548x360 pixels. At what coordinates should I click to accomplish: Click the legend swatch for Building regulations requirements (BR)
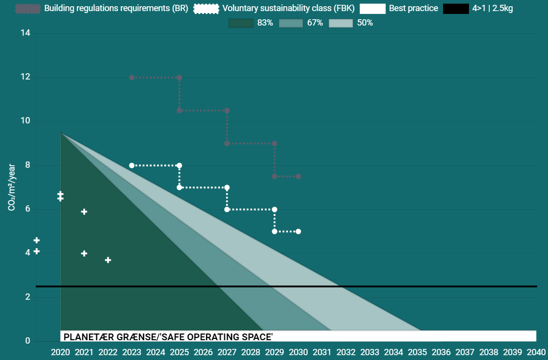[28, 9]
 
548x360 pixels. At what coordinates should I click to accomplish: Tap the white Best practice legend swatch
[372, 9]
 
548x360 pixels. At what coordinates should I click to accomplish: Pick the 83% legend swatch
[241, 23]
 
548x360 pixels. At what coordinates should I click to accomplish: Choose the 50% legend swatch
[340, 23]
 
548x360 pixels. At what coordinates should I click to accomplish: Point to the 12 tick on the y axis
[25, 77]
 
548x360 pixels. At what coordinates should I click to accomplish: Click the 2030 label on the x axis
[298, 352]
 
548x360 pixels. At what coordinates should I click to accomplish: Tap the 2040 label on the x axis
[536, 352]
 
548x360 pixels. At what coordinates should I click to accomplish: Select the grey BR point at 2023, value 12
[131, 78]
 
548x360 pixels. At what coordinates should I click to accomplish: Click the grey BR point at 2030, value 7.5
[298, 176]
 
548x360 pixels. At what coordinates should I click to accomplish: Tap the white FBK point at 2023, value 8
[131, 165]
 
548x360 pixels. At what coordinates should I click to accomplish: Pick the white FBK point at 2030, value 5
[298, 231]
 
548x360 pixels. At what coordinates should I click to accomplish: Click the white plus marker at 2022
[108, 260]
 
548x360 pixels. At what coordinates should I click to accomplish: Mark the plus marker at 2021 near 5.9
[84, 212]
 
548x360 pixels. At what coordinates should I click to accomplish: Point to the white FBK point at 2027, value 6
[227, 209]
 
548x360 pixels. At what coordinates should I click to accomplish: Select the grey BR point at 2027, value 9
[227, 143]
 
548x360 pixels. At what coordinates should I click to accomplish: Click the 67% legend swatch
[290, 23]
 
